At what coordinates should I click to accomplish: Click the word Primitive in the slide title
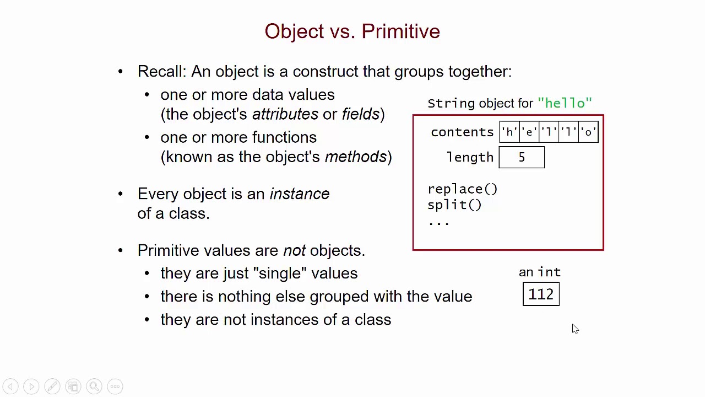click(x=400, y=31)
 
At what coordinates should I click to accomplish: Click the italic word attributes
click(x=285, y=114)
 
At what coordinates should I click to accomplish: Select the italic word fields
click(x=360, y=114)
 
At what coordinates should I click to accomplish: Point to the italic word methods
click(x=355, y=157)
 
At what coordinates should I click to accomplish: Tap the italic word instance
click(x=299, y=194)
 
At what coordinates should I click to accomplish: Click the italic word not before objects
click(x=294, y=251)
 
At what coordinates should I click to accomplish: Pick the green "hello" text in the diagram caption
click(x=565, y=103)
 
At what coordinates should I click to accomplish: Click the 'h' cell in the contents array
click(x=509, y=132)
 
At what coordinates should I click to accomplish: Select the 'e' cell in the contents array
click(x=529, y=132)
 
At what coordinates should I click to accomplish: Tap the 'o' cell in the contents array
click(x=588, y=132)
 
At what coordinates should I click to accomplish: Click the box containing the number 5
click(x=522, y=158)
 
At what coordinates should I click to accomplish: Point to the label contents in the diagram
click(x=462, y=132)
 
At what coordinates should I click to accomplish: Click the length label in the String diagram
click(x=470, y=158)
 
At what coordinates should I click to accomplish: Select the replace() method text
click(x=462, y=189)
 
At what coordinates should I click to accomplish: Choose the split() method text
click(x=454, y=205)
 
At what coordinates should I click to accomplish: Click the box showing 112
click(x=541, y=294)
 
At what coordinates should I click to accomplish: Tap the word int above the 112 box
click(x=549, y=272)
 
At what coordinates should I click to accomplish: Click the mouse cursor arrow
click(x=574, y=329)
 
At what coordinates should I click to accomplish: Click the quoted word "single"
click(x=279, y=273)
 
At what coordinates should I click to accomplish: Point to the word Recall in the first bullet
click(x=161, y=72)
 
